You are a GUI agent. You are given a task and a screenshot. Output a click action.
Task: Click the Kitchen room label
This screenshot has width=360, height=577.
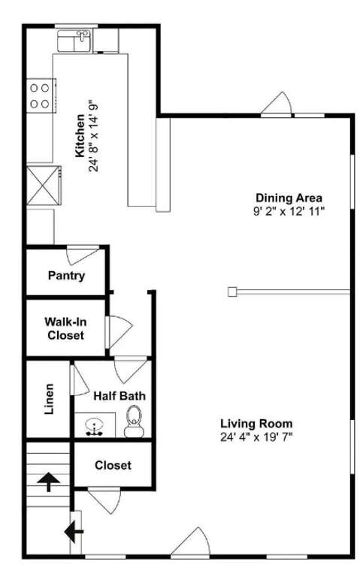[x=80, y=136]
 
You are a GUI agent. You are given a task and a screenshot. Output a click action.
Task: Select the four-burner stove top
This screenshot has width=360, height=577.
[x=41, y=96]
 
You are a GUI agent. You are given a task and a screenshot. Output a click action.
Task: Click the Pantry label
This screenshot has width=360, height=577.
[x=67, y=275]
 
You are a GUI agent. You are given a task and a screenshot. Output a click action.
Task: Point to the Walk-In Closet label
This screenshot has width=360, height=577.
[x=65, y=328]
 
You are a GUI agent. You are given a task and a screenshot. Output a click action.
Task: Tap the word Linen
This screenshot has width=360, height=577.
[x=49, y=399]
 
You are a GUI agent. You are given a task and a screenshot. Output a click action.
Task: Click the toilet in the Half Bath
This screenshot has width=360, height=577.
[x=134, y=421]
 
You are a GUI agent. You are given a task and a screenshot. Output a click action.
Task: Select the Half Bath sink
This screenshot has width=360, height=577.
[x=95, y=427]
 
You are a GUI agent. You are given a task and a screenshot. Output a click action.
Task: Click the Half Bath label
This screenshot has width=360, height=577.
[x=119, y=396]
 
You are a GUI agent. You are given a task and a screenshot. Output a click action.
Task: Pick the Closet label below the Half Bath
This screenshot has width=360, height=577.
[x=113, y=465]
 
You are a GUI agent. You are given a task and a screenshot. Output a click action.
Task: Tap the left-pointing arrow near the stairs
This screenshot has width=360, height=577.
[x=74, y=532]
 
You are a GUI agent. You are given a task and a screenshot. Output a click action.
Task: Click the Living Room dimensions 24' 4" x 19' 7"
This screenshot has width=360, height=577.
[x=256, y=437]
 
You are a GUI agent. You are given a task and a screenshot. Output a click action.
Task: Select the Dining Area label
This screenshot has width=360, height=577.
[x=289, y=198]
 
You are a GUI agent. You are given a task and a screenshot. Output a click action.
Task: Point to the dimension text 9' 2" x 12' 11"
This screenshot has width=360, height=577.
[x=289, y=212]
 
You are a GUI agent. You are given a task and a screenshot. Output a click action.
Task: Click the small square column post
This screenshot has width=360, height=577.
[x=232, y=292]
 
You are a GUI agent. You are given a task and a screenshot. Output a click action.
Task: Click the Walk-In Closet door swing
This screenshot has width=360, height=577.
[x=118, y=331]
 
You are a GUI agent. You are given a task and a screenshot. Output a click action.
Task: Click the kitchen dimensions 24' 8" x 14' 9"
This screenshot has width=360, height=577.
[x=94, y=137]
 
